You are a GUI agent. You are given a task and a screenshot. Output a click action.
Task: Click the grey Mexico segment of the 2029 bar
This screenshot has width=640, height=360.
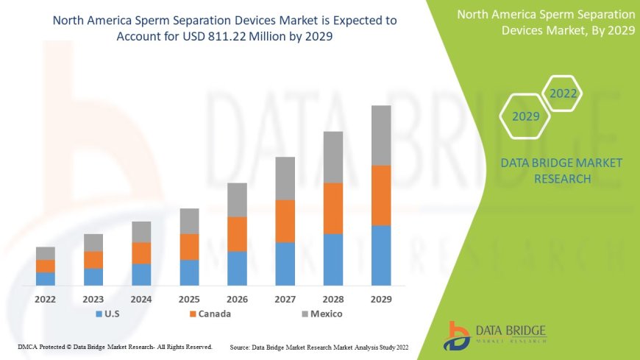point(381,135)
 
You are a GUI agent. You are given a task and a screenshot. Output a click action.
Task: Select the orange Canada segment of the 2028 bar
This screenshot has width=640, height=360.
point(333,208)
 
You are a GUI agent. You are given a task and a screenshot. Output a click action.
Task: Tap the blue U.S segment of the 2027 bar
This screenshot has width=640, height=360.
point(285,264)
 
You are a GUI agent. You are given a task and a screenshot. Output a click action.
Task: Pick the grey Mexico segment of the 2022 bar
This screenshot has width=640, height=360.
point(46,253)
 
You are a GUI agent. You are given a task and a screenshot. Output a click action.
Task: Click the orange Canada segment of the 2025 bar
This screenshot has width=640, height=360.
point(189,247)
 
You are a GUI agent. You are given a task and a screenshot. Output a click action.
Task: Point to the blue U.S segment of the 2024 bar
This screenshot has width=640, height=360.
point(141,275)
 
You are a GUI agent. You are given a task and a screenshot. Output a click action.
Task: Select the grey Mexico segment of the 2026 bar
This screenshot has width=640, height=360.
point(237,200)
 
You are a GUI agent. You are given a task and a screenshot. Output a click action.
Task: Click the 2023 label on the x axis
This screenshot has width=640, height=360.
point(93,300)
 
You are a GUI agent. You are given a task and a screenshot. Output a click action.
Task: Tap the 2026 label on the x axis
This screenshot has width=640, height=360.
point(237,300)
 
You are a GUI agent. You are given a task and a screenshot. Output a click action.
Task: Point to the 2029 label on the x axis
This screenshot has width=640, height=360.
point(381,300)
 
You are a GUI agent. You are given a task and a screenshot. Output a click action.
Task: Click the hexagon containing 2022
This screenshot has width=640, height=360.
point(562,93)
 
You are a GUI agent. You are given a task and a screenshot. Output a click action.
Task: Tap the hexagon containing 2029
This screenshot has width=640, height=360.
point(526,116)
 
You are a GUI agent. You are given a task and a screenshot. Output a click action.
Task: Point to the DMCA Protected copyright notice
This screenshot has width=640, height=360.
point(115,346)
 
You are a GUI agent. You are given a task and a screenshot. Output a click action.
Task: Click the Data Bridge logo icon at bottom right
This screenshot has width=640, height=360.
point(458,336)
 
